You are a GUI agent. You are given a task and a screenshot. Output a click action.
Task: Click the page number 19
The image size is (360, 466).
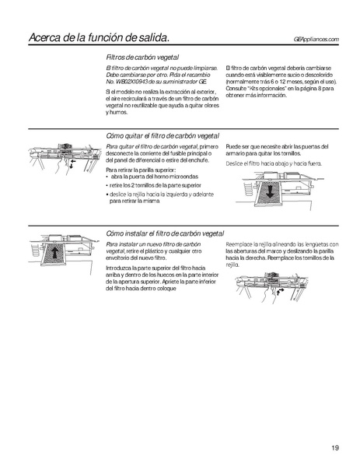333,447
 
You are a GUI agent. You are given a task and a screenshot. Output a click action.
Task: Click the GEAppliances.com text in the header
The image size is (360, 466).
317,39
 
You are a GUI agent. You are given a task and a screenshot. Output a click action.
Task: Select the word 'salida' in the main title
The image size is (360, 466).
145,37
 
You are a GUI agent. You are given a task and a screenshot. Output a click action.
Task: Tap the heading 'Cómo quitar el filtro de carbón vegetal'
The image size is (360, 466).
163,135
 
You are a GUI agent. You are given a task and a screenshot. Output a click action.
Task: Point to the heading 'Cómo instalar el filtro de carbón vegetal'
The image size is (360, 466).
165,233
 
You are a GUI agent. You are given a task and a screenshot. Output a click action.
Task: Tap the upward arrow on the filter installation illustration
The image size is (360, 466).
55,252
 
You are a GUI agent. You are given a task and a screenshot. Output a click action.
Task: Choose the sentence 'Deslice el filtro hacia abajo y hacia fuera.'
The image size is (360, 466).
272,164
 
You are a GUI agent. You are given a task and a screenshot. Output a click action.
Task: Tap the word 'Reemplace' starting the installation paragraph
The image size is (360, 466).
239,244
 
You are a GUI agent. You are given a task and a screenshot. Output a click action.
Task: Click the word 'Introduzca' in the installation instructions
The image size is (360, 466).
120,266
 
